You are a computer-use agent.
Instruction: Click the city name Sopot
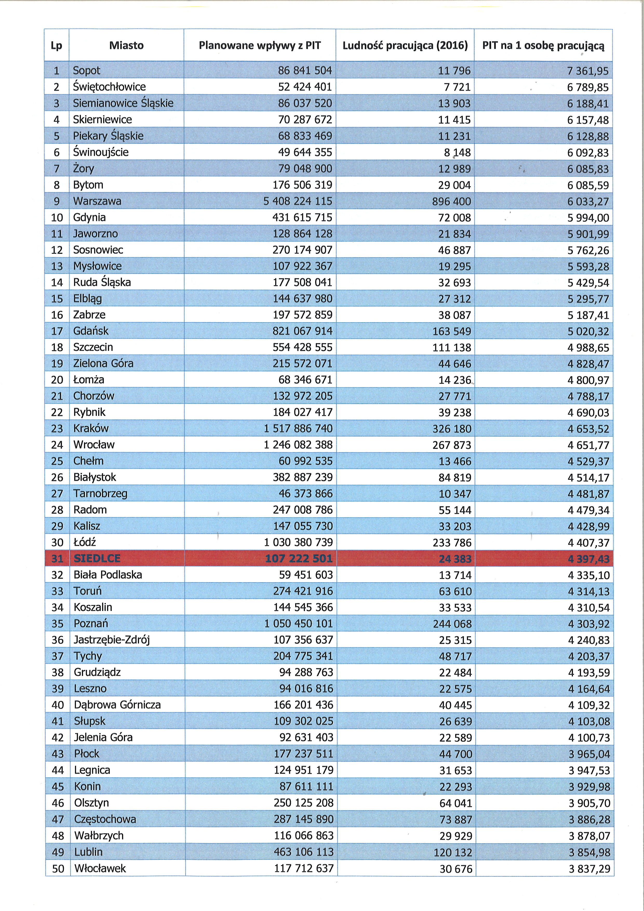pos(86,71)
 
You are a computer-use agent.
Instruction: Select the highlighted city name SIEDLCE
pos(97,558)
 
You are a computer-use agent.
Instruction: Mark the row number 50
pos(58,869)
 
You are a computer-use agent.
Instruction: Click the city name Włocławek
pos(100,869)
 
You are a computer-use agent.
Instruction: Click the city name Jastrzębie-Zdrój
pos(112,640)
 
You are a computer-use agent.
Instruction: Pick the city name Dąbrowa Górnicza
pos(117,705)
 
